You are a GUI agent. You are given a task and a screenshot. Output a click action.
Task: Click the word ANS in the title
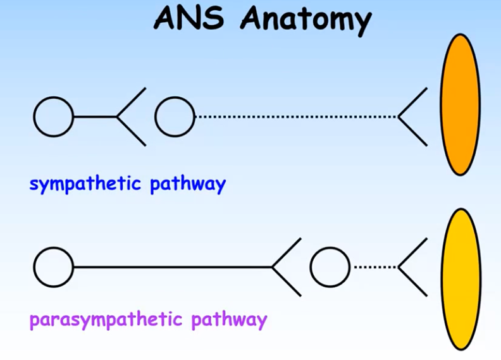(189, 18)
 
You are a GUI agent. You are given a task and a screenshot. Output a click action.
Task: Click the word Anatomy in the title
(306, 20)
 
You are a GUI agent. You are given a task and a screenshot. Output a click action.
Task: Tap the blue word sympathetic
(85, 185)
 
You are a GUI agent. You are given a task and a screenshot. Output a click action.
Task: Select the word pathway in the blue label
(188, 185)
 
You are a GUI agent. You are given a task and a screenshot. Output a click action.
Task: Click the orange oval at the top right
(460, 104)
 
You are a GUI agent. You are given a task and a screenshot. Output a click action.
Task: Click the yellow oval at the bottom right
(460, 278)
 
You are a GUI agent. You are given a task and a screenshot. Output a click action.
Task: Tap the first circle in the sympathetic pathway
(53, 117)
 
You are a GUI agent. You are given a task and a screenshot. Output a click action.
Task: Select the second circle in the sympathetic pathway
(175, 117)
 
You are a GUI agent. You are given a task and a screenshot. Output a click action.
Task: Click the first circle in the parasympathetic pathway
(53, 267)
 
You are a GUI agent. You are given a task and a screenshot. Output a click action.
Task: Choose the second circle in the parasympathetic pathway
(330, 267)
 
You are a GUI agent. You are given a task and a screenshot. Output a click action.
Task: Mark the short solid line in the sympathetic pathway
(95, 117)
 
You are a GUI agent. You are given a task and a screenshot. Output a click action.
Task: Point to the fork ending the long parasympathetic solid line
(286, 267)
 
